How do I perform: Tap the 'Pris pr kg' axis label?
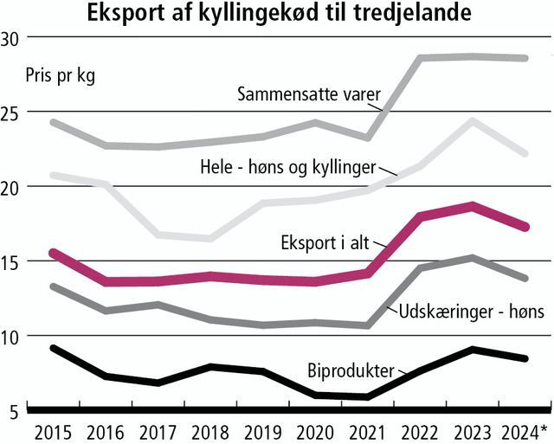pyautogui.click(x=61, y=74)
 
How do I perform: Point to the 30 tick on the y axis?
pyautogui.click(x=13, y=39)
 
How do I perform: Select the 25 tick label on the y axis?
pyautogui.click(x=13, y=113)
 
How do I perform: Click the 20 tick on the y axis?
pyautogui.click(x=13, y=188)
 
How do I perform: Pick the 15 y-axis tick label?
pyautogui.click(x=13, y=262)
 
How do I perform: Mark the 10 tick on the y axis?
pyautogui.click(x=13, y=337)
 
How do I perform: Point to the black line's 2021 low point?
pyautogui.click(x=369, y=396)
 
